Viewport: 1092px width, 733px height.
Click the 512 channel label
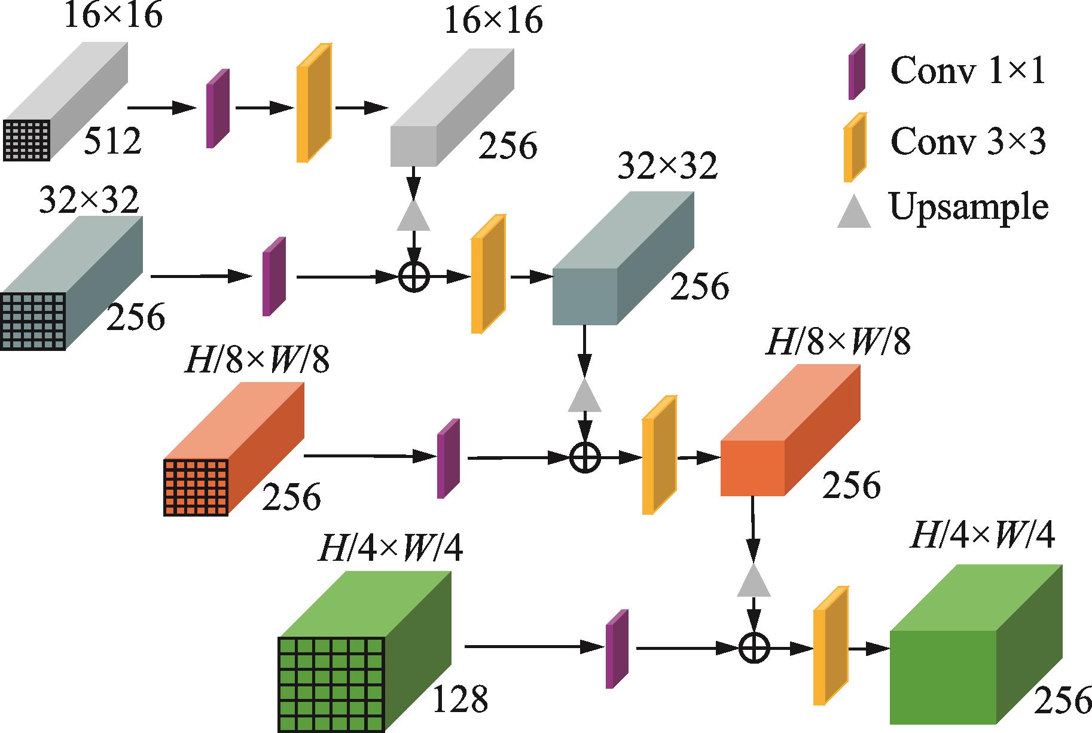112,142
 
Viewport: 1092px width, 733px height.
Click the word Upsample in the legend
969,207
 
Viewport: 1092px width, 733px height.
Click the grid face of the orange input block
196,487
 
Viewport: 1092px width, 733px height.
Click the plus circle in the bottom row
754,648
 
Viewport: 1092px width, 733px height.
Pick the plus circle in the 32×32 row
414,277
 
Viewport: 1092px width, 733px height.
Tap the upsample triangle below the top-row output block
413,216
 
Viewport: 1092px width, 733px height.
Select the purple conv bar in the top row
218,108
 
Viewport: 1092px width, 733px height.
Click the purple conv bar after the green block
617,649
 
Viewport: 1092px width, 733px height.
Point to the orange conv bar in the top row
313,103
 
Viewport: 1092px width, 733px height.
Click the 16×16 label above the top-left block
112,16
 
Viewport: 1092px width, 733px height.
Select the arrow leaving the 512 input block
162,108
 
